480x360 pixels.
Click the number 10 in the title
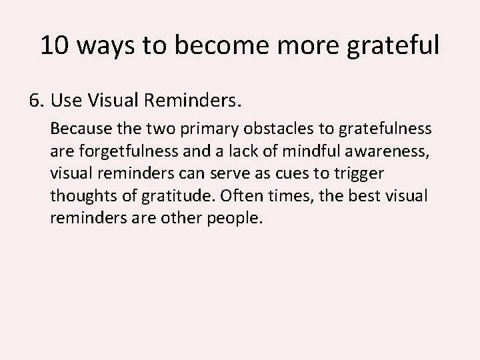coord(53,45)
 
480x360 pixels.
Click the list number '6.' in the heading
coord(36,102)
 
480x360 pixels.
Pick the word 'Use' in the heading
coord(65,102)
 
